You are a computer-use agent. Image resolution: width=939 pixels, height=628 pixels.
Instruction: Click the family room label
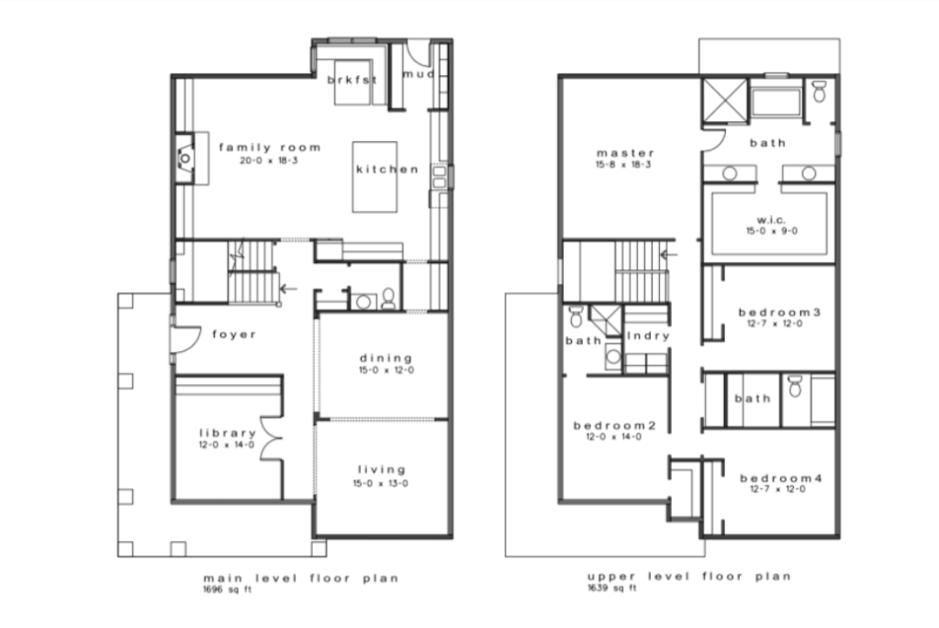(270, 147)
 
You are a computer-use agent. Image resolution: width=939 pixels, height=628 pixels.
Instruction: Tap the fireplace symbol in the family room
(185, 158)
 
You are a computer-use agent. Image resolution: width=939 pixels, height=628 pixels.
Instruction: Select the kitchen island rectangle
(374, 176)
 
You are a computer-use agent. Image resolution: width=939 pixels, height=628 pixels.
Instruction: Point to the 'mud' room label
(418, 74)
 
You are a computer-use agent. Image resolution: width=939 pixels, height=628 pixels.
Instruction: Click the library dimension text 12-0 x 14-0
(227, 445)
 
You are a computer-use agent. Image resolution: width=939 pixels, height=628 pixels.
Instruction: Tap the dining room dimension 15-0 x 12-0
(386, 370)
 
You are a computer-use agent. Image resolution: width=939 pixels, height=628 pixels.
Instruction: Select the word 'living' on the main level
(382, 469)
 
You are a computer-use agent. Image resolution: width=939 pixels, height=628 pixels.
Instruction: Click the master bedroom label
(625, 152)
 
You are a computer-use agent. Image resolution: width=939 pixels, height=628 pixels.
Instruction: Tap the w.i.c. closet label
(771, 219)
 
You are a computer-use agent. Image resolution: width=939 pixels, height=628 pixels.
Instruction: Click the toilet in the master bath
(820, 92)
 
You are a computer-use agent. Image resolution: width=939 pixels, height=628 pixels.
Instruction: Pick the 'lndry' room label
(648, 336)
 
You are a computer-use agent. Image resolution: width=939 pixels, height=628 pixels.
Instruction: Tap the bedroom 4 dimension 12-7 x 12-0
(777, 490)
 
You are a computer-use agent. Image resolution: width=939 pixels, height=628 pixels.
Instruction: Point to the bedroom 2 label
(615, 425)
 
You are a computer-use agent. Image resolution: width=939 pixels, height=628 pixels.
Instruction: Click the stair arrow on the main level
(288, 289)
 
